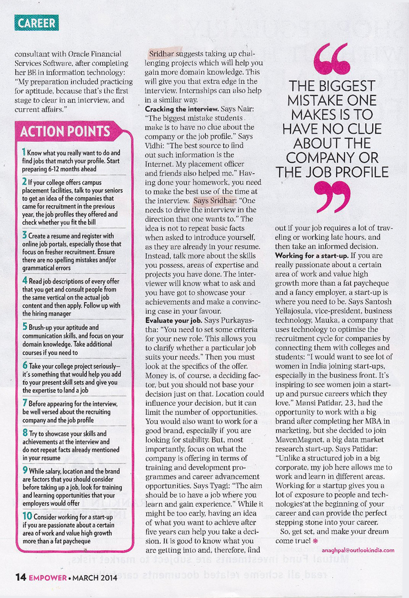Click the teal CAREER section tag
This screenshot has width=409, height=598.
(x=36, y=23)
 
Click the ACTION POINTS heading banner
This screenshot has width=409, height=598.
(x=65, y=131)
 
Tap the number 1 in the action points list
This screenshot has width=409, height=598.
(x=24, y=152)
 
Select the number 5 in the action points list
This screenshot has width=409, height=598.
(x=25, y=327)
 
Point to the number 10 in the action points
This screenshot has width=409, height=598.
(x=27, y=516)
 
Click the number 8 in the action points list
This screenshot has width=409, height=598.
(x=25, y=433)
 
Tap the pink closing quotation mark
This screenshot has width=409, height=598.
(x=332, y=196)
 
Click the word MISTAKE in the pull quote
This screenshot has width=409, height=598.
(x=332, y=101)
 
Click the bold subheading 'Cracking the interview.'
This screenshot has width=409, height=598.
(x=182, y=109)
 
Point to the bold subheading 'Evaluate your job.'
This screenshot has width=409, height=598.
(x=174, y=320)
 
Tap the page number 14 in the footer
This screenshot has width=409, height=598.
(x=20, y=577)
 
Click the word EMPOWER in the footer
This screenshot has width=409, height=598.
(x=48, y=578)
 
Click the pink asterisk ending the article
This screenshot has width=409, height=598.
(x=315, y=541)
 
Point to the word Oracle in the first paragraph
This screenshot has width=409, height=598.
(x=79, y=54)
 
